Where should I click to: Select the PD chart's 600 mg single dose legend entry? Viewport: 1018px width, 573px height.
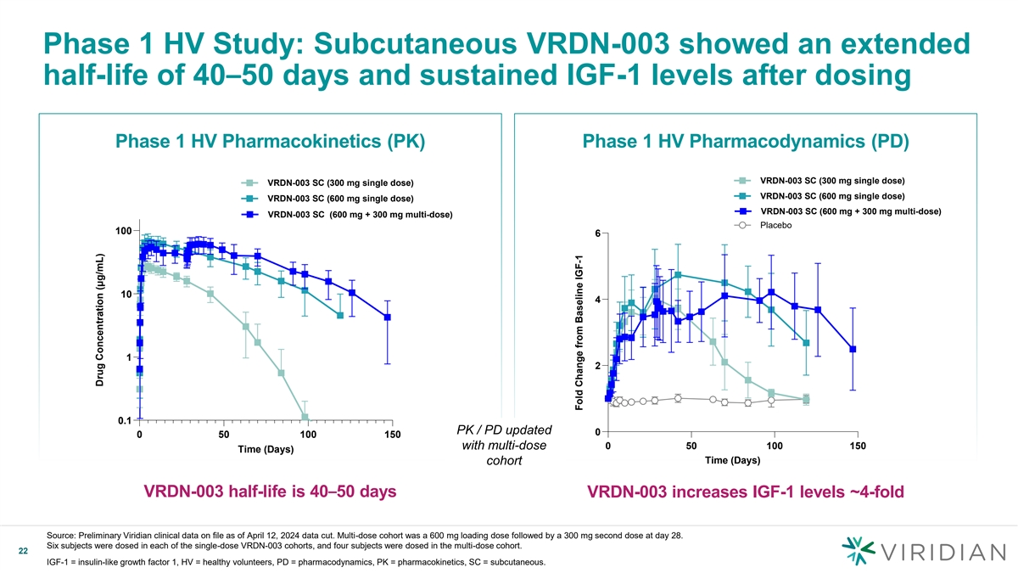point(819,197)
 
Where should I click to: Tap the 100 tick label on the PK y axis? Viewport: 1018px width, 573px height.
point(122,231)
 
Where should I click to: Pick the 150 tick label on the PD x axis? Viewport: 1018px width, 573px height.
point(858,446)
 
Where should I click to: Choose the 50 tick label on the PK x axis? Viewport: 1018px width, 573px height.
point(223,435)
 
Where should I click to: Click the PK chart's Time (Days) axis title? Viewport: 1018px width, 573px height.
point(265,450)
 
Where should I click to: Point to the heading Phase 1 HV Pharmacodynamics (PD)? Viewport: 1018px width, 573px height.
point(746,142)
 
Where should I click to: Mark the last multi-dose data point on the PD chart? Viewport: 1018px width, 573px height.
point(853,349)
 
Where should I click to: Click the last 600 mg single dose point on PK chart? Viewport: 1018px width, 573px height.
point(340,316)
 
